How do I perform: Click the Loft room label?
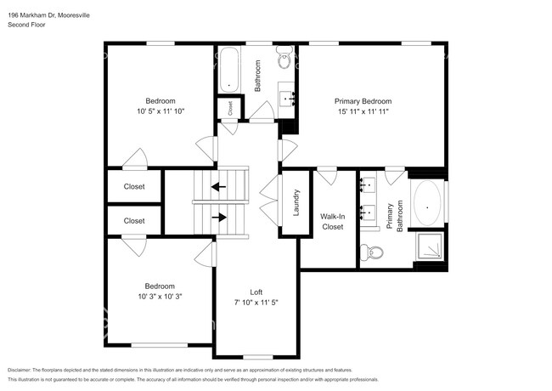pos(256,292)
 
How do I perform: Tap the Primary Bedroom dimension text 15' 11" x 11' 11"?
pos(363,111)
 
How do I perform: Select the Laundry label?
pos(296,202)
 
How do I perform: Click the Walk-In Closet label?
pos(332,222)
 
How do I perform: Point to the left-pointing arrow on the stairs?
pos(218,186)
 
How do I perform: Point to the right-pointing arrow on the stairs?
pos(219,218)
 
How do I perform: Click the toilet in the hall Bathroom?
pos(284,58)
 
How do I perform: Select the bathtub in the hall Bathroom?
pos(229,70)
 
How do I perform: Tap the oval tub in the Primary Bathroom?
pos(427,203)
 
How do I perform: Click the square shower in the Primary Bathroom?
pos(430,246)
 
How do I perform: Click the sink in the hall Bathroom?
pos(286,99)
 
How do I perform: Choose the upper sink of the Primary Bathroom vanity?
pos(368,184)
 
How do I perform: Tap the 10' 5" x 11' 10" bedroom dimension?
pos(161,111)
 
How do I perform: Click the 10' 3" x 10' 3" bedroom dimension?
pos(160,297)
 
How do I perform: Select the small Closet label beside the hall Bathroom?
pos(230,108)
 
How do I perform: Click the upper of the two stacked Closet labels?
pos(134,186)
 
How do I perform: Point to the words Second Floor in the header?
pos(26,25)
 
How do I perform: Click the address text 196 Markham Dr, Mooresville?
pos(48,15)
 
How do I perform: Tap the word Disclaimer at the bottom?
pos(19,371)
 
